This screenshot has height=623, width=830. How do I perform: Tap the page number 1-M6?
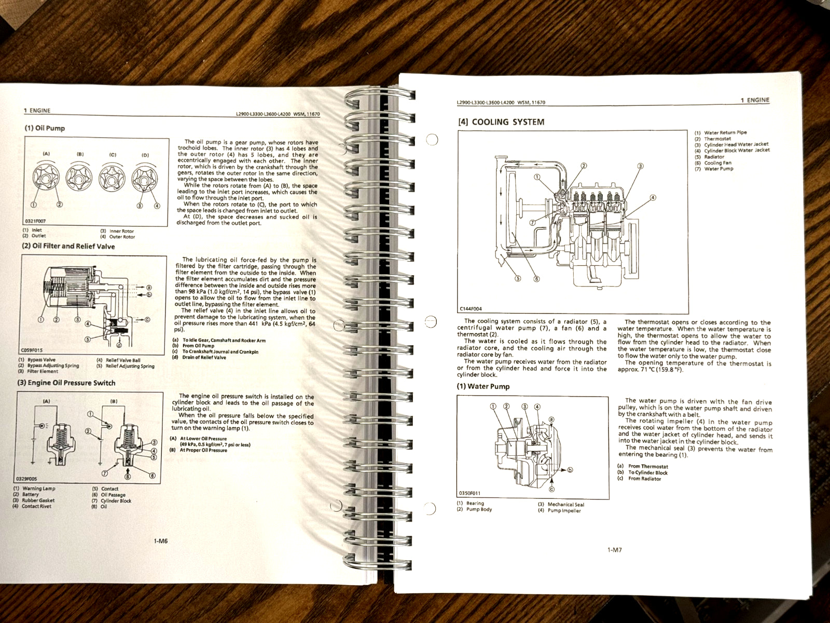[160, 541]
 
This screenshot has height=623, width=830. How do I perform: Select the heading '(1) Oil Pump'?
[45, 128]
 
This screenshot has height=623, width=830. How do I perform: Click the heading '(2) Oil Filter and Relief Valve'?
[68, 246]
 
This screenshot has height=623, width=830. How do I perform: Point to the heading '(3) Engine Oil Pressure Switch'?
[66, 383]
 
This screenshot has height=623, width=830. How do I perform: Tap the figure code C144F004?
[471, 309]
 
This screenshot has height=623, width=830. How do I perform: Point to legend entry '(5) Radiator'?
[704, 157]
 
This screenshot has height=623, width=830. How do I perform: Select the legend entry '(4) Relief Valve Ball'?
[118, 360]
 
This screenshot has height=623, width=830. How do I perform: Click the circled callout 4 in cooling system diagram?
[653, 197]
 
